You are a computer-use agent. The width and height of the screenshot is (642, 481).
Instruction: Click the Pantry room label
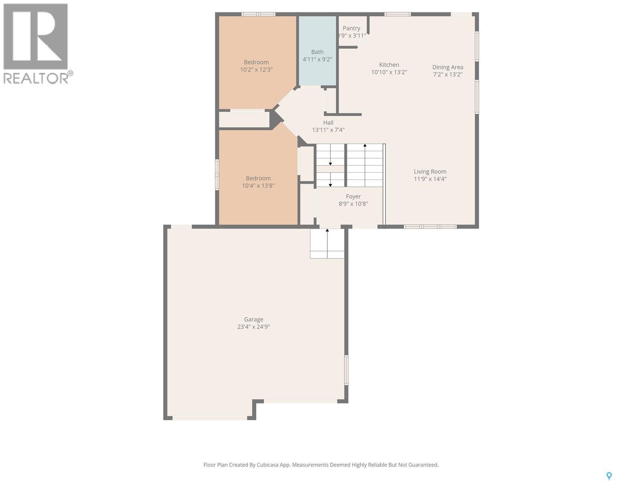(x=351, y=28)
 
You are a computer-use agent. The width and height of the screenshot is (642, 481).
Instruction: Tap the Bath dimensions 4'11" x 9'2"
(x=317, y=59)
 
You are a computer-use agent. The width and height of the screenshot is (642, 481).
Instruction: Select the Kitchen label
(x=389, y=65)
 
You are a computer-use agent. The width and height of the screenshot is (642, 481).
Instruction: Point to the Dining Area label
(x=447, y=67)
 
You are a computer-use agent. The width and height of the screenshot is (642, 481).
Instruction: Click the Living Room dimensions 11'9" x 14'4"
(x=430, y=179)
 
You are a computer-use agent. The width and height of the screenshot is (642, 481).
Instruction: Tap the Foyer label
(x=353, y=196)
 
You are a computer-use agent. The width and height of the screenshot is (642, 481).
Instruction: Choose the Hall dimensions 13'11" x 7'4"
(x=328, y=130)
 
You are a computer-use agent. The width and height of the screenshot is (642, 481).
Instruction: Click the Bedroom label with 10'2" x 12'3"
(x=256, y=62)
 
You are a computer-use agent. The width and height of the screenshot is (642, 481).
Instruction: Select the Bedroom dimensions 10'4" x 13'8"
(x=258, y=186)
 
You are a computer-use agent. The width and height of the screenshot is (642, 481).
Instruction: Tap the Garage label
(x=253, y=319)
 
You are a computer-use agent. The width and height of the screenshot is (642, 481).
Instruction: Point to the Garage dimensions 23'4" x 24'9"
(x=253, y=327)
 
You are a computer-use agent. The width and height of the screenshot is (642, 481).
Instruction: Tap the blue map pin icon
(x=609, y=476)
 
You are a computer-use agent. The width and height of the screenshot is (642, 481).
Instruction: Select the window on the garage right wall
(x=346, y=370)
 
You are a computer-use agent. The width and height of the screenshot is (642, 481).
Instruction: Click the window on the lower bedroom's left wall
(x=217, y=174)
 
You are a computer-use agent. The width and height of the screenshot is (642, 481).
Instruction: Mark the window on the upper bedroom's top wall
(x=258, y=14)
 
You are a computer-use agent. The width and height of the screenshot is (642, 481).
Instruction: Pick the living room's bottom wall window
(x=430, y=226)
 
